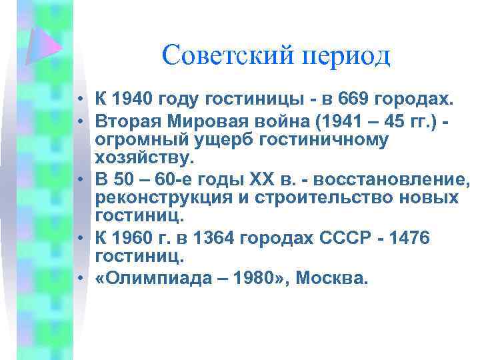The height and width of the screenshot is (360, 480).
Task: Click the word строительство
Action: [319, 198]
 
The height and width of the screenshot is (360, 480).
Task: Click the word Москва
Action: [331, 276]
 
